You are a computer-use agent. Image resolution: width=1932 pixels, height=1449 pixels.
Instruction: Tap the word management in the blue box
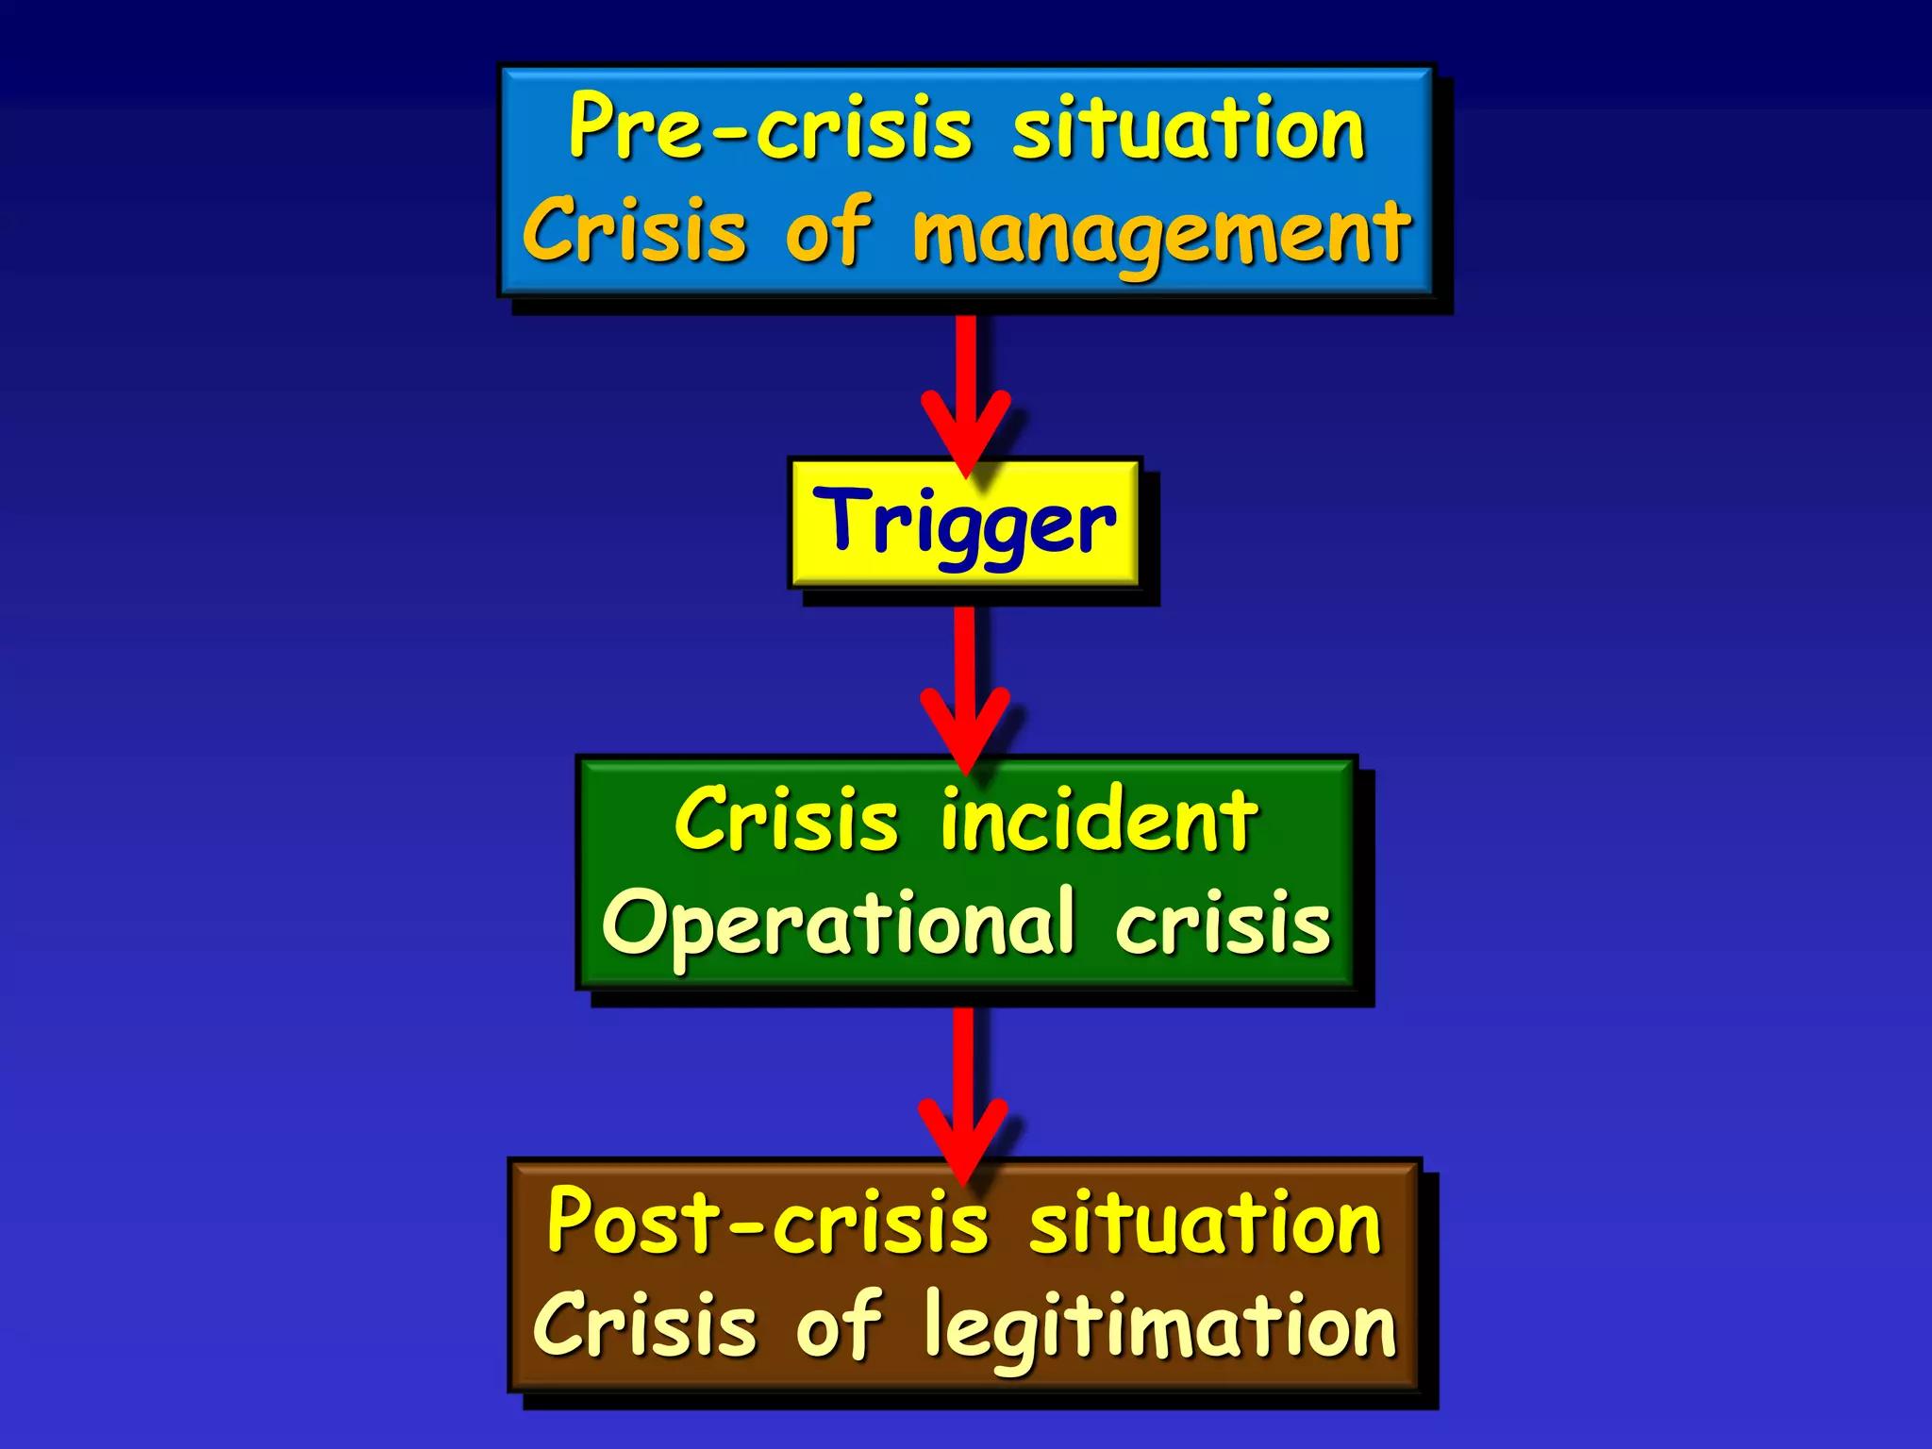click(1161, 233)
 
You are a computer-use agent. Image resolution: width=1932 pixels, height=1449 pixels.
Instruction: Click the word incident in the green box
click(1099, 821)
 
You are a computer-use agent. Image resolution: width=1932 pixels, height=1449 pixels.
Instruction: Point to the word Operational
click(838, 924)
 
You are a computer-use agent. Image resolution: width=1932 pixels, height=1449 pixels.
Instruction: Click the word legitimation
click(1159, 1326)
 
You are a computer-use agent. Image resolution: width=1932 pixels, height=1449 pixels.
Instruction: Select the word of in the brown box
click(839, 1324)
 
